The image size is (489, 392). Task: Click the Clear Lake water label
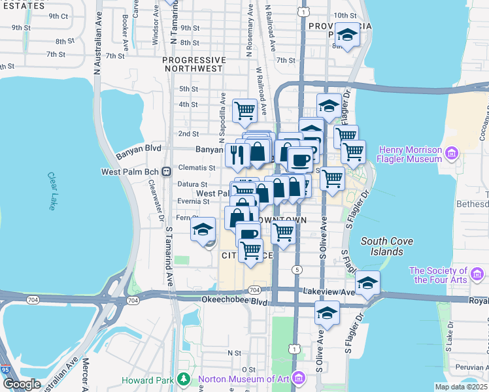pos(52,191)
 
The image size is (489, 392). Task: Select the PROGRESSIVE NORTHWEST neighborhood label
pos(194,63)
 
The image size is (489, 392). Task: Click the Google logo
pos(22,384)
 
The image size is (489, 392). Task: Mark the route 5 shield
pos(297,270)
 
